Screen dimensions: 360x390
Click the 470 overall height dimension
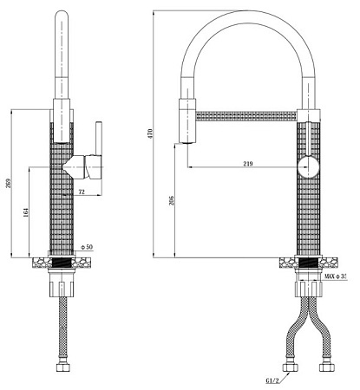(x=150, y=133)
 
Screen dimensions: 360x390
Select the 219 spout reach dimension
(x=248, y=164)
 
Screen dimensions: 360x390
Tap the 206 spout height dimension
(x=172, y=200)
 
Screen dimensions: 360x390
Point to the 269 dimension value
(x=8, y=183)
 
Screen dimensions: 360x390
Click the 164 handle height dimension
(x=26, y=212)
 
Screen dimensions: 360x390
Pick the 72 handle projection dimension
(x=82, y=192)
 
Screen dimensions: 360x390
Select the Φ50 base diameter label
(x=87, y=247)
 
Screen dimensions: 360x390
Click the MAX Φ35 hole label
(x=335, y=276)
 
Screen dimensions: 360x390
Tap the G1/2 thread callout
(x=272, y=380)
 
